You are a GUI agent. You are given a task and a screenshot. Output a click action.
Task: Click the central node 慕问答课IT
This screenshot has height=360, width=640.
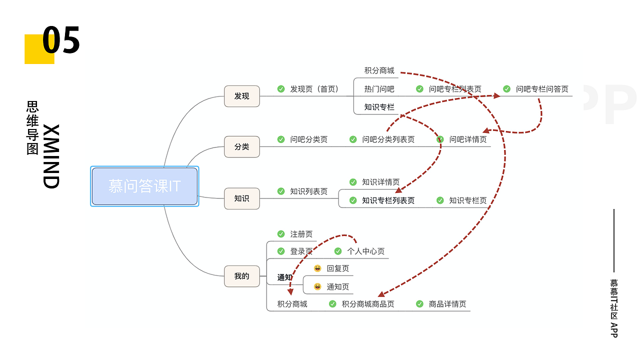coord(144,186)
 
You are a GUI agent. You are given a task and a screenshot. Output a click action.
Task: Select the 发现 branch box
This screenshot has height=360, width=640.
coord(242,96)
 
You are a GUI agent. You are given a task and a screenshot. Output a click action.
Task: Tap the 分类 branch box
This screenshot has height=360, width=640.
coord(242,147)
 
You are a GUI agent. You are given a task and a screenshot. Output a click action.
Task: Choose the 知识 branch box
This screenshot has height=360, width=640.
coord(242,198)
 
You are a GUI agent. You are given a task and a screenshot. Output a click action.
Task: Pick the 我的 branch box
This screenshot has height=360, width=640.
coord(242,276)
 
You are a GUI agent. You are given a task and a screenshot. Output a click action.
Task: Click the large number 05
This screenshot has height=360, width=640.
coord(61,41)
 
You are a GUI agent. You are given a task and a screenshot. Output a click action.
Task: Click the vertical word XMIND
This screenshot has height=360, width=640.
coord(51,156)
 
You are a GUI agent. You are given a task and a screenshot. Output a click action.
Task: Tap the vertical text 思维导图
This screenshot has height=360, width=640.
coord(32,128)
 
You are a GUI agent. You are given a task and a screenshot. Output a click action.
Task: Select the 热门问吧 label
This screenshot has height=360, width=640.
coord(379,89)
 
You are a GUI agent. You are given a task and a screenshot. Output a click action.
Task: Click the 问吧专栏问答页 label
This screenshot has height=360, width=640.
coord(542,89)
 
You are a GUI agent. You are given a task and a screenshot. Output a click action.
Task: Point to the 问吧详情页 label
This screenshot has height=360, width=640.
coord(468,139)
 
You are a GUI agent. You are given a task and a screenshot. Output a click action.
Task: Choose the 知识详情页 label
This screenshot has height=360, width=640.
coord(381,182)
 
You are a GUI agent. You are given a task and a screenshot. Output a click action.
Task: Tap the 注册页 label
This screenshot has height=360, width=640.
coord(301,234)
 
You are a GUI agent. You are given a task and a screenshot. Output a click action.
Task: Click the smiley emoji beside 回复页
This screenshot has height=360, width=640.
coord(317,268)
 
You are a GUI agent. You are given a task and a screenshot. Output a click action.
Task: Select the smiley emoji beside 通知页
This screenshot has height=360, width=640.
coord(317,286)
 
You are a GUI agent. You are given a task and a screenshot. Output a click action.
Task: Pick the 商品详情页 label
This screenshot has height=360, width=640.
coord(447,304)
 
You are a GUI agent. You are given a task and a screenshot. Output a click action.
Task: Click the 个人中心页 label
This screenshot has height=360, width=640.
coord(366,251)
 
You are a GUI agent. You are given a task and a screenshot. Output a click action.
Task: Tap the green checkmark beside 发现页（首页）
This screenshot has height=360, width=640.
coord(281,89)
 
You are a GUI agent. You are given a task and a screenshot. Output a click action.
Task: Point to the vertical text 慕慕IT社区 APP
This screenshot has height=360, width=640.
coord(614,308)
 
